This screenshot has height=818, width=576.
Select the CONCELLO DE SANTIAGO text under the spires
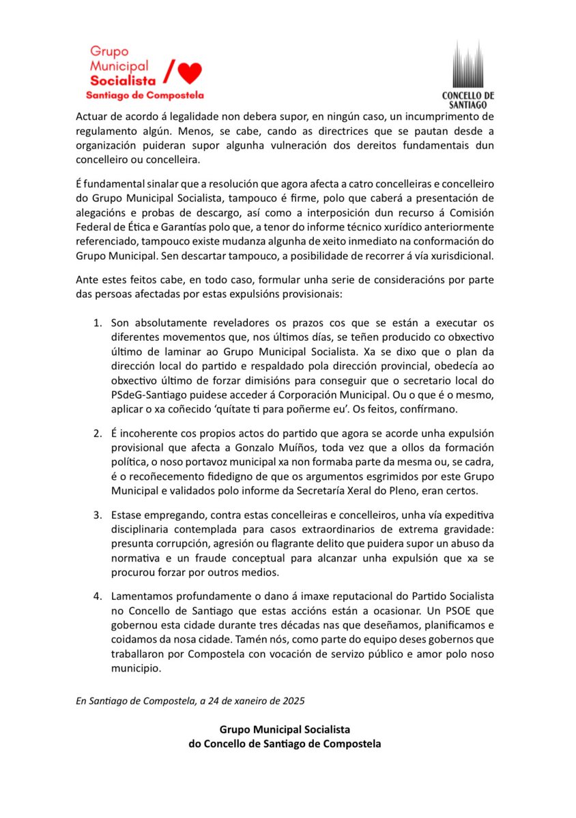(468, 100)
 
